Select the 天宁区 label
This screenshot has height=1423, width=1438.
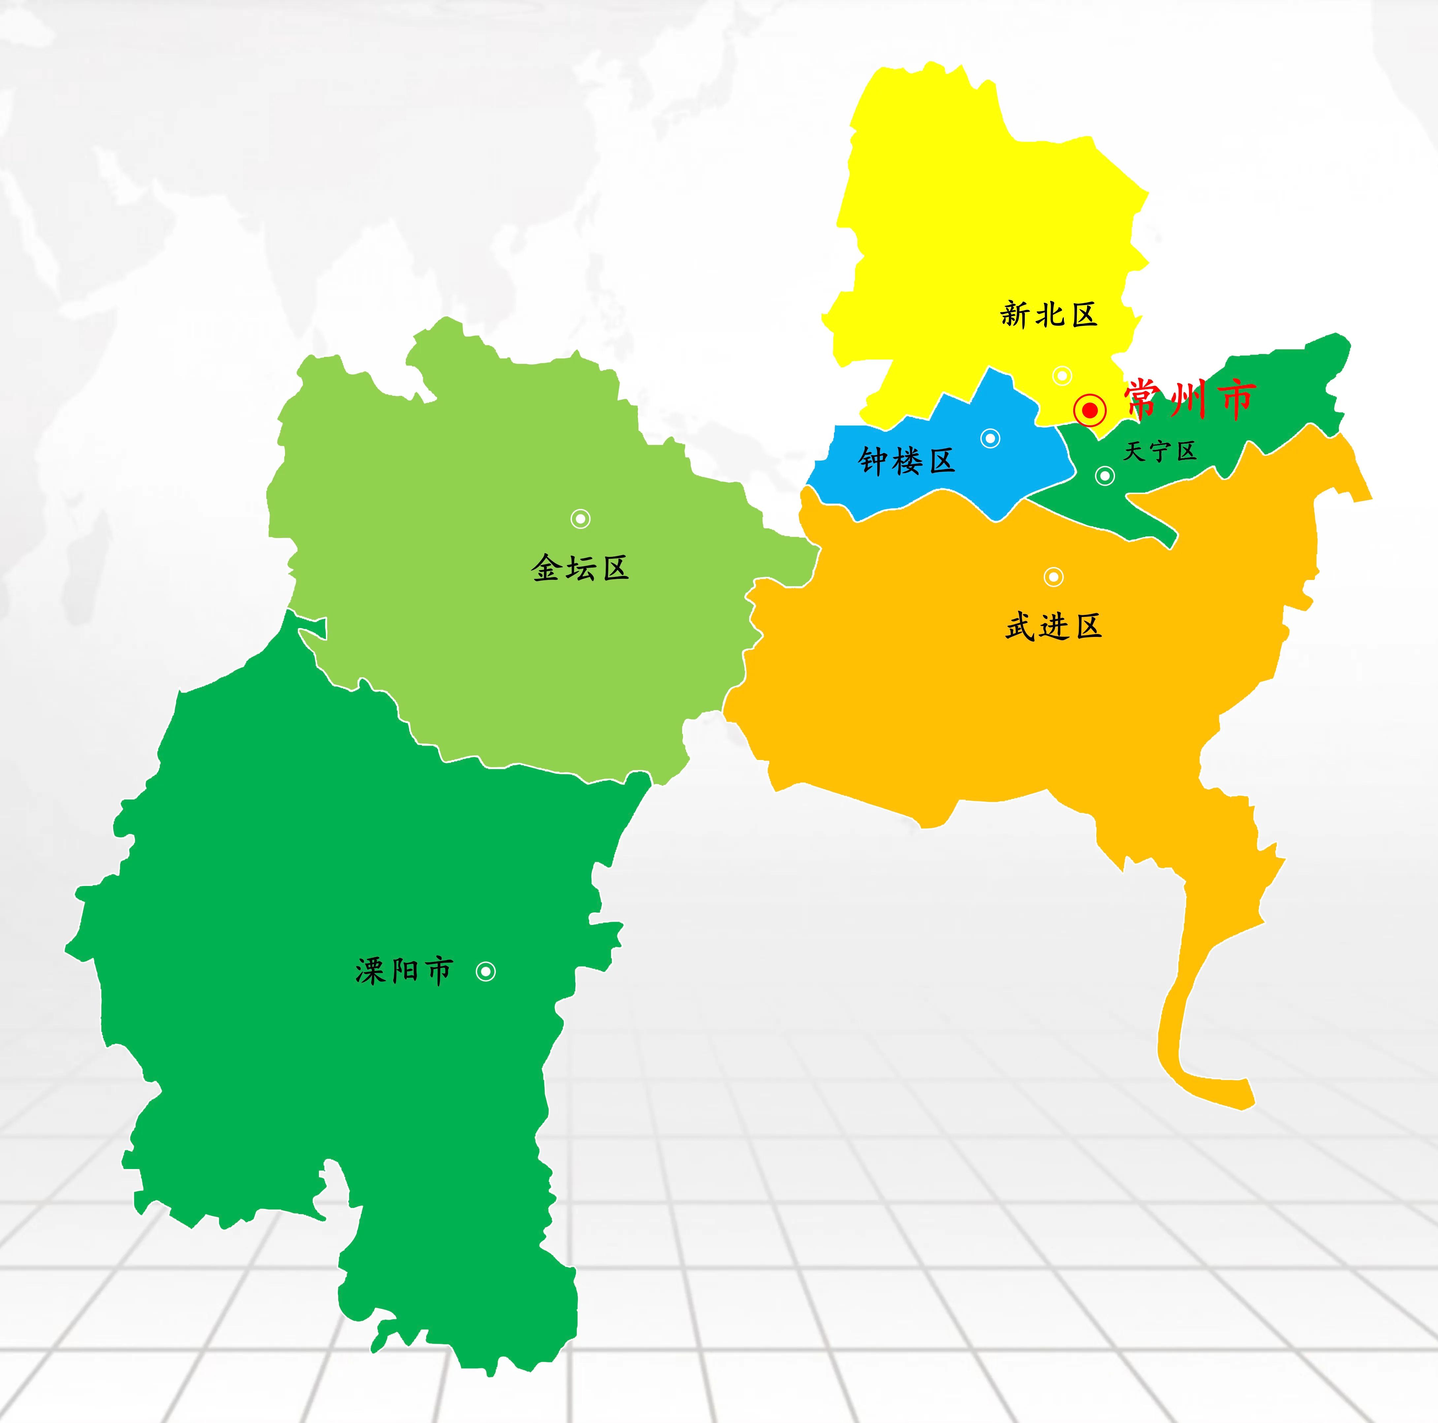click(x=1160, y=451)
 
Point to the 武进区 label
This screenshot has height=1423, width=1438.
click(x=1053, y=627)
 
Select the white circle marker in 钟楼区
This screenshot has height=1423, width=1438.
click(x=990, y=438)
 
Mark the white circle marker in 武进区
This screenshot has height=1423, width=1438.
click(x=1053, y=577)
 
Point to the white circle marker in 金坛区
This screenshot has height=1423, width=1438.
click(x=581, y=519)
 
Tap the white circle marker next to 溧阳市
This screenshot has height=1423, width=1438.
click(x=485, y=971)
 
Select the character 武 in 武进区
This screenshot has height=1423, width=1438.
click(x=1020, y=627)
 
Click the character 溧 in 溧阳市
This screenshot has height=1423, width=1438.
click(x=370, y=971)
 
